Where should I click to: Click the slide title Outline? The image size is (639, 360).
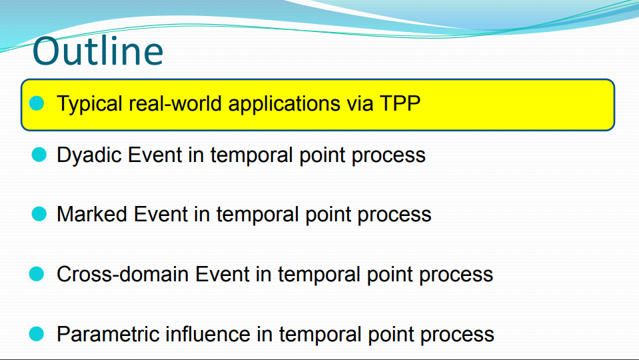(x=98, y=51)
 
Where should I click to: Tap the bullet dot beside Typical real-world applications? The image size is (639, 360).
(x=37, y=103)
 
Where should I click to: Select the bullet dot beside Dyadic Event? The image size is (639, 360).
(x=39, y=155)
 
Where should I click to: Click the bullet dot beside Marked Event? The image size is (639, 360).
(x=39, y=213)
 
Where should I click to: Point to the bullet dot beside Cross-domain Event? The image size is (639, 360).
(x=37, y=273)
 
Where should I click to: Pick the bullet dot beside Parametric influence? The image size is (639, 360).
(x=37, y=333)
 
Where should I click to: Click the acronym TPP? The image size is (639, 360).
(x=400, y=103)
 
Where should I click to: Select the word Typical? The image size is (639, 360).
(x=90, y=105)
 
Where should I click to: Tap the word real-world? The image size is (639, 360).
(x=175, y=103)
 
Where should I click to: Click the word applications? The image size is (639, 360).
(x=284, y=105)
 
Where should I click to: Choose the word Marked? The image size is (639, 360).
(x=92, y=214)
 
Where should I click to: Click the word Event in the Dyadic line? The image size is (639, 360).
(x=155, y=155)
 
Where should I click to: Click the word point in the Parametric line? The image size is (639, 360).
(x=391, y=336)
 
